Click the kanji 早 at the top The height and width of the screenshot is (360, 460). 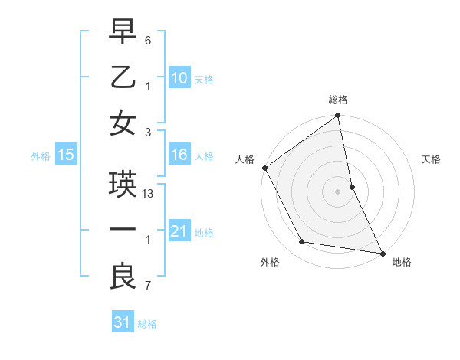tap(123, 33)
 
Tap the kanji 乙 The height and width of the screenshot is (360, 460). tap(123, 77)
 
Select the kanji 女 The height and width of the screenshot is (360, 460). tap(123, 123)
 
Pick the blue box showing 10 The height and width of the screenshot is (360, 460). tap(179, 78)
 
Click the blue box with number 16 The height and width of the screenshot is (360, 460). tap(179, 155)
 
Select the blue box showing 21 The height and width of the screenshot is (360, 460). tap(179, 231)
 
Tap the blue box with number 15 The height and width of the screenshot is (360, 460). tap(65, 155)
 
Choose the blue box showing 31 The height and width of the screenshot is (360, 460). tap(123, 323)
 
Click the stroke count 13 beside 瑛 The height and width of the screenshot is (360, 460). tap(149, 195)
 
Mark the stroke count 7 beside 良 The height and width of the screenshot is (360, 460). tap(148, 286)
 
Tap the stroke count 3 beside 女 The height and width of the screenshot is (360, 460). tap(148, 132)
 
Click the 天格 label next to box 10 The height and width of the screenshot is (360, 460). tap(204, 80)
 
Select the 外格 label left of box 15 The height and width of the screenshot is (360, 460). tap(41, 156)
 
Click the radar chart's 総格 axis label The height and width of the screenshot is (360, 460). tap(338, 100)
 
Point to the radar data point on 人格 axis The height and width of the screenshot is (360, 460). tap(264, 168)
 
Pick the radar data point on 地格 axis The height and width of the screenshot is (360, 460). tap(382, 253)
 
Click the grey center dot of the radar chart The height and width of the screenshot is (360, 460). tap(337, 191)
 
